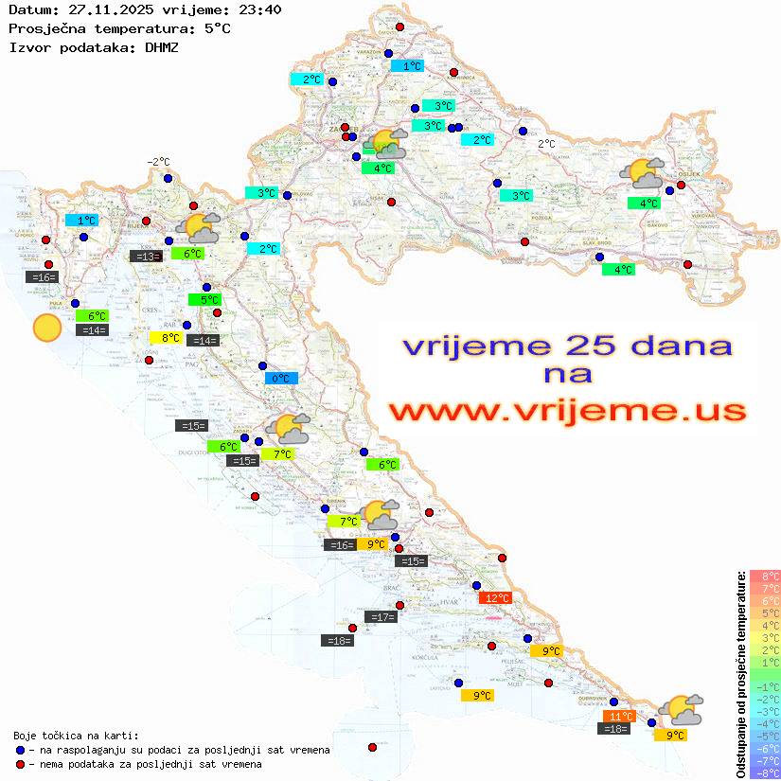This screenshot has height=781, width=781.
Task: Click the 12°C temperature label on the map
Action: (496, 597)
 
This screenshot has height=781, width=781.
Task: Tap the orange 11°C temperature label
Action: (620, 716)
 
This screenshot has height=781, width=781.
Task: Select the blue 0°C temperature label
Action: (281, 379)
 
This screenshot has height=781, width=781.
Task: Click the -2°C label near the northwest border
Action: (158, 162)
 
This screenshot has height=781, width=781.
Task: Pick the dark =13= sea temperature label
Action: (146, 256)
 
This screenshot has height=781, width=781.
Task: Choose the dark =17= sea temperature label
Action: (382, 617)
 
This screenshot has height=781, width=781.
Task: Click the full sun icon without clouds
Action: (46, 328)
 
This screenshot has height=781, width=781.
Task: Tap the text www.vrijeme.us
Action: (568, 411)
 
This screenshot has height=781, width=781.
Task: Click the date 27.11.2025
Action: (103, 9)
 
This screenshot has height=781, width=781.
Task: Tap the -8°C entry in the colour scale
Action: (765, 772)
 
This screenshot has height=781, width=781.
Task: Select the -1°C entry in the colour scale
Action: (765, 686)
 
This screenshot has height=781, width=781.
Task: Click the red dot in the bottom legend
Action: (21, 764)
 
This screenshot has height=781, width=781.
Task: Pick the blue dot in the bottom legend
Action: (21, 750)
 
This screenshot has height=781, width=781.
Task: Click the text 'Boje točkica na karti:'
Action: (76, 736)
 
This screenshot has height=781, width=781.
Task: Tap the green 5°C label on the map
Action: (204, 300)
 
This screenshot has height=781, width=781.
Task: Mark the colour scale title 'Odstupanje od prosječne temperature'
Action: (741, 674)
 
